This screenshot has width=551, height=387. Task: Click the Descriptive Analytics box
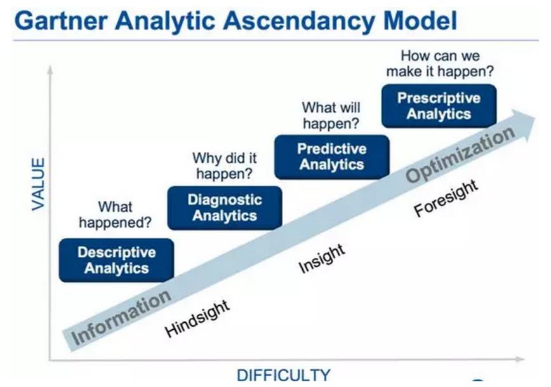(116, 261)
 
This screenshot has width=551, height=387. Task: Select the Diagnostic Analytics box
(225, 208)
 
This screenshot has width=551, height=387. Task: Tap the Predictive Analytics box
(332, 157)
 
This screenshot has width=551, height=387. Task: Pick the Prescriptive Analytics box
(439, 106)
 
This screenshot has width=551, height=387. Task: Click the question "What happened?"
(116, 215)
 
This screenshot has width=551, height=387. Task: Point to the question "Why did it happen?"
(225, 166)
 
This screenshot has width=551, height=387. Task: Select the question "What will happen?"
(331, 116)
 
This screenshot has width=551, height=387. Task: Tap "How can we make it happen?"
(440, 64)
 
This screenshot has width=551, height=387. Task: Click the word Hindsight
(197, 319)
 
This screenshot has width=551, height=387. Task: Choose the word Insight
(322, 259)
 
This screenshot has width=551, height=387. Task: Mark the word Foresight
(446, 198)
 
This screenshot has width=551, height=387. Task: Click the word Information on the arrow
(121, 317)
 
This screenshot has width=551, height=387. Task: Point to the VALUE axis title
(38, 184)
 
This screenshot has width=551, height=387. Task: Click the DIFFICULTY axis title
(284, 375)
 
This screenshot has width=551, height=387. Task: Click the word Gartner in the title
(61, 20)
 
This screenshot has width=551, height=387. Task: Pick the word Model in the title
(420, 20)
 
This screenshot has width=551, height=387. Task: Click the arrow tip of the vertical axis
(50, 66)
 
